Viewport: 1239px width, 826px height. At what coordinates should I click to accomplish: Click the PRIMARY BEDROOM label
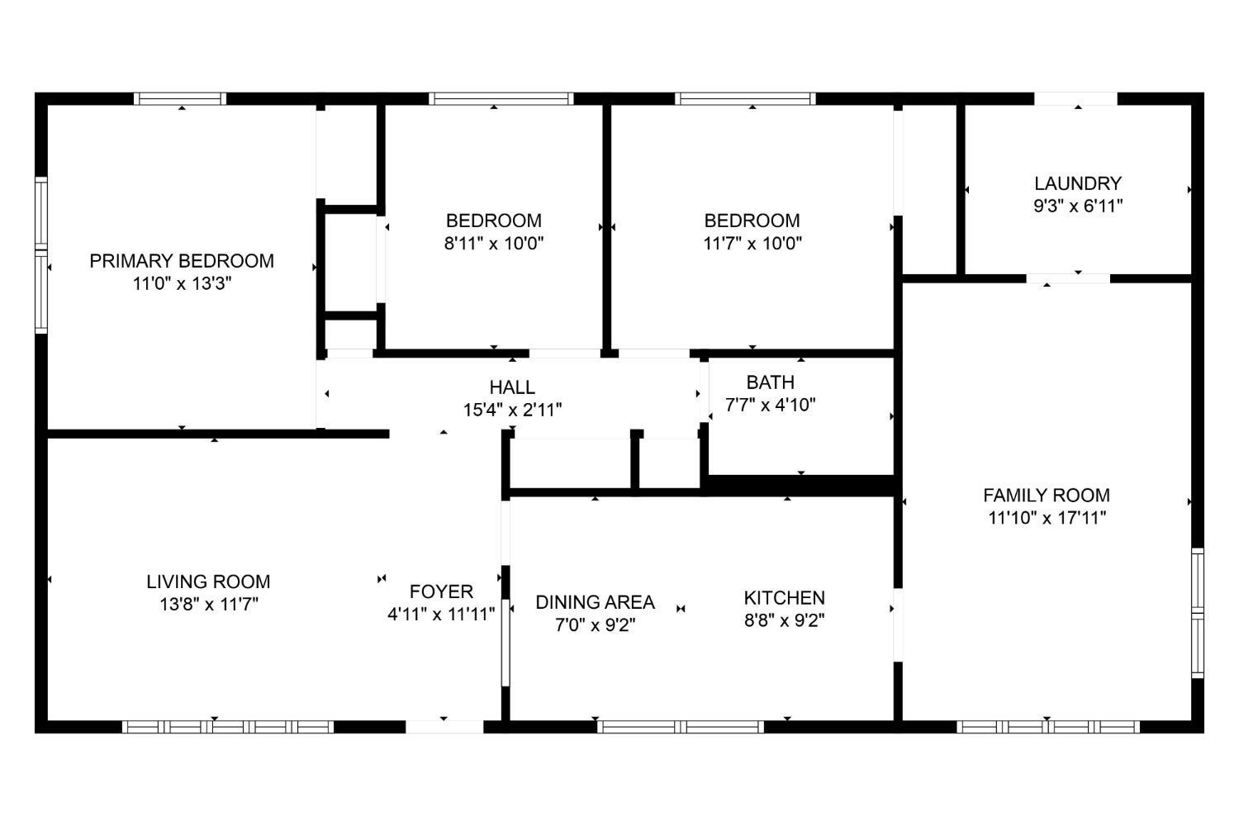click(x=182, y=260)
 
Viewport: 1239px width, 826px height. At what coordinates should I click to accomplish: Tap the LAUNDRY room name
click(x=1078, y=183)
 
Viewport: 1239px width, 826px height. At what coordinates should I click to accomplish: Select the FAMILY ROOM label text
click(x=1047, y=495)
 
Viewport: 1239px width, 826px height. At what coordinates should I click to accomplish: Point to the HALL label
click(x=512, y=387)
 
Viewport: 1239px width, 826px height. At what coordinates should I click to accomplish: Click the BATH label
click(x=771, y=382)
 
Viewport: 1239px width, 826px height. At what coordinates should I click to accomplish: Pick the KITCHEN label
click(x=785, y=597)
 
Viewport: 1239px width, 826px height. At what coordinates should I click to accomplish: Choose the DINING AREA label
click(x=596, y=602)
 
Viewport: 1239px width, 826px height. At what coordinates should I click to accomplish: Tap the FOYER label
click(x=441, y=591)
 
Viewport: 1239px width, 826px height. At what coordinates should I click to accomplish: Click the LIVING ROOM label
click(x=208, y=582)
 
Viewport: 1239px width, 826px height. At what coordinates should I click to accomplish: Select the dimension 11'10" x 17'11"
click(x=1047, y=518)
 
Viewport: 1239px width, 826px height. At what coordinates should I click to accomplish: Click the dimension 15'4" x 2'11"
click(x=512, y=410)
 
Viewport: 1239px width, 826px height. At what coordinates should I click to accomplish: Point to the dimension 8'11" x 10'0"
click(x=494, y=243)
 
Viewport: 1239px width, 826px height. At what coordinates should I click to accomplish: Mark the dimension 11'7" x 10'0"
click(x=752, y=243)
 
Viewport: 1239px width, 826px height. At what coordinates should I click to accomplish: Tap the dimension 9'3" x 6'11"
click(x=1078, y=206)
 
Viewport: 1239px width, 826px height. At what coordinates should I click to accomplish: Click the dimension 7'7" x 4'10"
click(x=771, y=405)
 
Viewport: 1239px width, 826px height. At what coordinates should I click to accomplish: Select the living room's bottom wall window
click(x=228, y=726)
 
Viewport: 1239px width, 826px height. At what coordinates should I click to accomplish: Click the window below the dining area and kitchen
click(x=681, y=726)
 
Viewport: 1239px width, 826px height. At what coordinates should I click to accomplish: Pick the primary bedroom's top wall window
click(x=180, y=99)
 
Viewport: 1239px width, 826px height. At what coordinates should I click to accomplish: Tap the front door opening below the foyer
click(x=444, y=726)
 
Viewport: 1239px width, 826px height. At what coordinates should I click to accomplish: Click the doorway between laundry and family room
click(x=1068, y=278)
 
